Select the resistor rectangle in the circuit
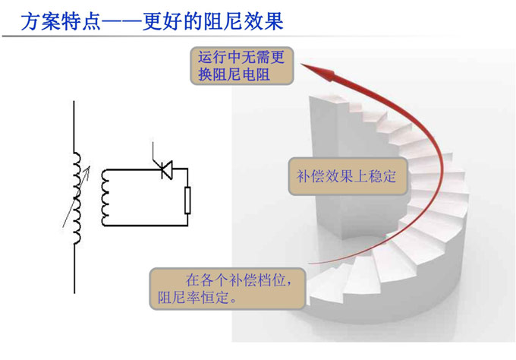(187, 201)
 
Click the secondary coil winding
(105, 197)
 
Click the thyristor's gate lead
(156, 151)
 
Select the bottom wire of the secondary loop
(144, 226)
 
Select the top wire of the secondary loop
(129, 169)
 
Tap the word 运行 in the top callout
(209, 57)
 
